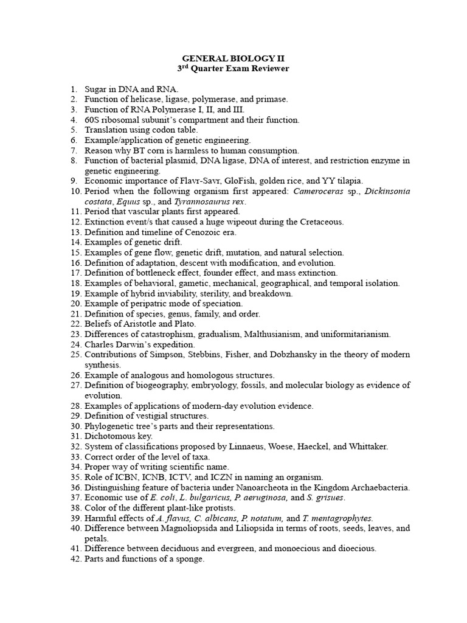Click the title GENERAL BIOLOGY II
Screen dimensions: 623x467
pyautogui.click(x=233, y=58)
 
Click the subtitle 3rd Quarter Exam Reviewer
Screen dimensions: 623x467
pyautogui.click(x=233, y=69)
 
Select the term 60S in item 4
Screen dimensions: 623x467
pyautogui.click(x=92, y=120)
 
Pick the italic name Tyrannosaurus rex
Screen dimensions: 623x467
pyautogui.click(x=204, y=201)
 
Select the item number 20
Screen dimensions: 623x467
pyautogui.click(x=75, y=304)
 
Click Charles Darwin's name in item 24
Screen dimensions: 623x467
pyautogui.click(x=112, y=344)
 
